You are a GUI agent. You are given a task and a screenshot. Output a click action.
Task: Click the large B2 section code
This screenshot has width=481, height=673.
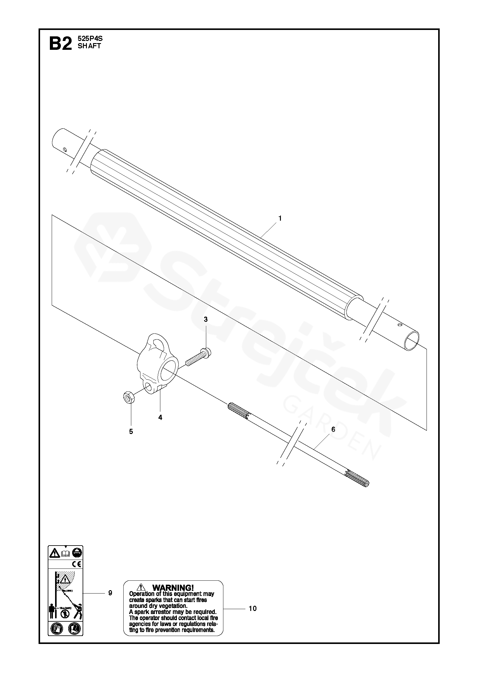tap(60, 44)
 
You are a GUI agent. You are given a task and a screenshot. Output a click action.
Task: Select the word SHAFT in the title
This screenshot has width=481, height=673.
tap(89, 46)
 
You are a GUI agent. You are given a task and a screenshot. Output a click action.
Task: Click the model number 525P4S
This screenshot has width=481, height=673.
tap(90, 39)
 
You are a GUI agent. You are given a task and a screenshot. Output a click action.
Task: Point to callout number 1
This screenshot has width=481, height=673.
tap(280, 219)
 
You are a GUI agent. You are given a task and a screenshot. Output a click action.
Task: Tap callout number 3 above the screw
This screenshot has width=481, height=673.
tap(206, 319)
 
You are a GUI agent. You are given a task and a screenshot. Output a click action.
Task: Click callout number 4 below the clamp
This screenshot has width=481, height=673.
tap(160, 417)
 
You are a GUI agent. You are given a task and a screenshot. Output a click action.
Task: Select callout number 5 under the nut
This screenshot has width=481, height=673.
tap(131, 432)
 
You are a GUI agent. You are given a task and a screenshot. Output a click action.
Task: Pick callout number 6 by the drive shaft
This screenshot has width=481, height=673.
tap(333, 429)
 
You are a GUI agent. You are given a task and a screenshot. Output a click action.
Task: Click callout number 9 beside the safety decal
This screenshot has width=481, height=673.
tap(110, 593)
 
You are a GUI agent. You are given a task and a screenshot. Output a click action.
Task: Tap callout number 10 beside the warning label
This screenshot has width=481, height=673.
tap(252, 609)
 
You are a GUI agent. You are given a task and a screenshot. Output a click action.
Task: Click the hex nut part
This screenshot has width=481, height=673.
tap(127, 398)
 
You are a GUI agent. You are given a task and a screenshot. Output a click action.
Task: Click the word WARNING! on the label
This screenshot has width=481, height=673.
tap(173, 587)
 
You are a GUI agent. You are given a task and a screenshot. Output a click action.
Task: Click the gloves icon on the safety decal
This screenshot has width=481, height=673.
tap(57, 637)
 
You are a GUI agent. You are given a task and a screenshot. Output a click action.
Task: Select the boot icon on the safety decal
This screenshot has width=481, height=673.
tap(74, 637)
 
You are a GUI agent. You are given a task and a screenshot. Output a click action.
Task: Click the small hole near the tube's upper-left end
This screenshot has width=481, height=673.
tap(65, 149)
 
